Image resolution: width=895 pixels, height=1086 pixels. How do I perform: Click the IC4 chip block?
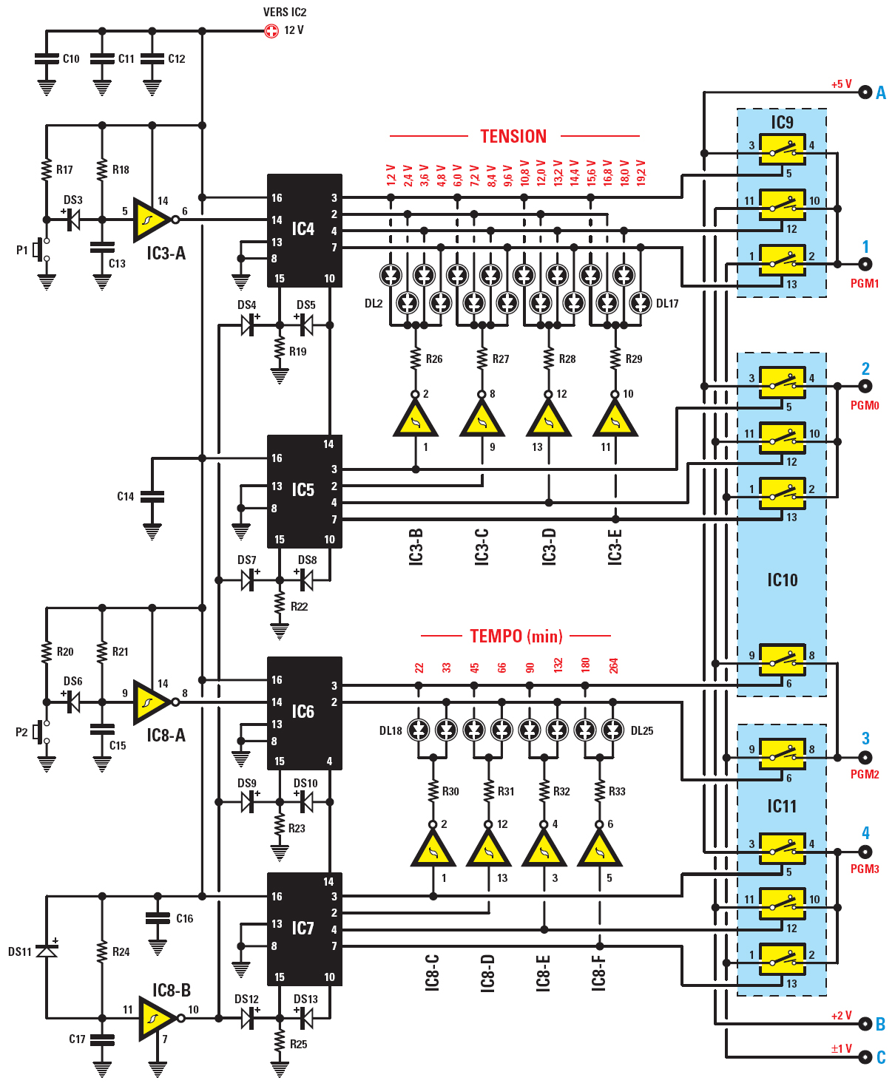click(304, 231)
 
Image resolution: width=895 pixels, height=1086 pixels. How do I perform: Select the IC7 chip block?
click(304, 929)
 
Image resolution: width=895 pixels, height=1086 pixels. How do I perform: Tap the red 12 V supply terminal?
click(271, 31)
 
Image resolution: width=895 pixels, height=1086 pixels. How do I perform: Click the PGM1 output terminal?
click(865, 264)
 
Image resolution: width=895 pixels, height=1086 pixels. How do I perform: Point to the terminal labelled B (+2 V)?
click(865, 1024)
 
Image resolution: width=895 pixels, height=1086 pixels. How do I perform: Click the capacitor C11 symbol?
click(102, 58)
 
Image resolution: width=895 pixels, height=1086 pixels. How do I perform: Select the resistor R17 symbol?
click(47, 169)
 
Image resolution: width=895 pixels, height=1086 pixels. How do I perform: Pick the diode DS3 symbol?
click(72, 220)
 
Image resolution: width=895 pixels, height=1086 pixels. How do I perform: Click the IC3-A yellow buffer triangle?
click(150, 220)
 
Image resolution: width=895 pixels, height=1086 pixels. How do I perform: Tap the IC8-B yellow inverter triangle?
click(155, 1018)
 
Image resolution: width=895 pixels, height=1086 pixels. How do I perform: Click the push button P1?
click(42, 250)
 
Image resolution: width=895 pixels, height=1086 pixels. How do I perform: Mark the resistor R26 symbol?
click(416, 359)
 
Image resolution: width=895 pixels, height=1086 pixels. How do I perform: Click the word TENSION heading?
click(513, 137)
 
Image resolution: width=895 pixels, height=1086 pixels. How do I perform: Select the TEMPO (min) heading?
click(516, 636)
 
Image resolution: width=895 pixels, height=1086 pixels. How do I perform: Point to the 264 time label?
click(613, 665)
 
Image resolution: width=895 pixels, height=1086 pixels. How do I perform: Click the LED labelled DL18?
click(419, 730)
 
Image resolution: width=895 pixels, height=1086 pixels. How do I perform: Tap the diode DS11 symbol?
click(47, 950)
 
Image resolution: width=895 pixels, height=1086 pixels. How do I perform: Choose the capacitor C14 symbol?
click(152, 497)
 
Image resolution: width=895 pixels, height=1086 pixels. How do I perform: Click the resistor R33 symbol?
click(599, 791)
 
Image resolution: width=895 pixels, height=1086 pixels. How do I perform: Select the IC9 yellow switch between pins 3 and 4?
click(782, 150)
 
